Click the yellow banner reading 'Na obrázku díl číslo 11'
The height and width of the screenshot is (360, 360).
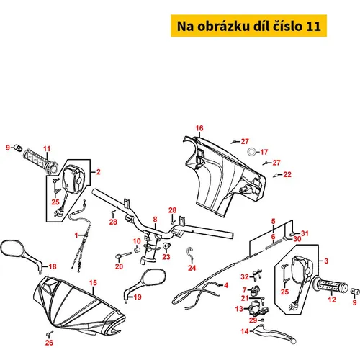point(248,26)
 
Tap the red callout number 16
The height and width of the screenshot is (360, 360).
point(199,128)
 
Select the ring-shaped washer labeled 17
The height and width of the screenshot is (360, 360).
point(251,152)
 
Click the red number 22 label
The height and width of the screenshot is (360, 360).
point(287,174)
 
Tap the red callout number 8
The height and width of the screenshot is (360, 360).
point(155,220)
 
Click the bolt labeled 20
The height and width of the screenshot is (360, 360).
point(124,255)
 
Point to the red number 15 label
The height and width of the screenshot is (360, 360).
point(93,283)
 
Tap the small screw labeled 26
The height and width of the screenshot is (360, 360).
point(50,333)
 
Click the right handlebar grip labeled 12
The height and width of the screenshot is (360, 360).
point(333,286)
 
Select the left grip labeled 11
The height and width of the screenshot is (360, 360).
point(40,161)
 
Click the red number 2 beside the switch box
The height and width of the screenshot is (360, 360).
point(99,172)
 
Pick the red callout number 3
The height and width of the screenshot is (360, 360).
point(326,261)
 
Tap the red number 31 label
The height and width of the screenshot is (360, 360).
point(305,233)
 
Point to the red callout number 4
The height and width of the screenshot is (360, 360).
point(226,285)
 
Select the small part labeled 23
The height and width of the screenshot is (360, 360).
point(166,246)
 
